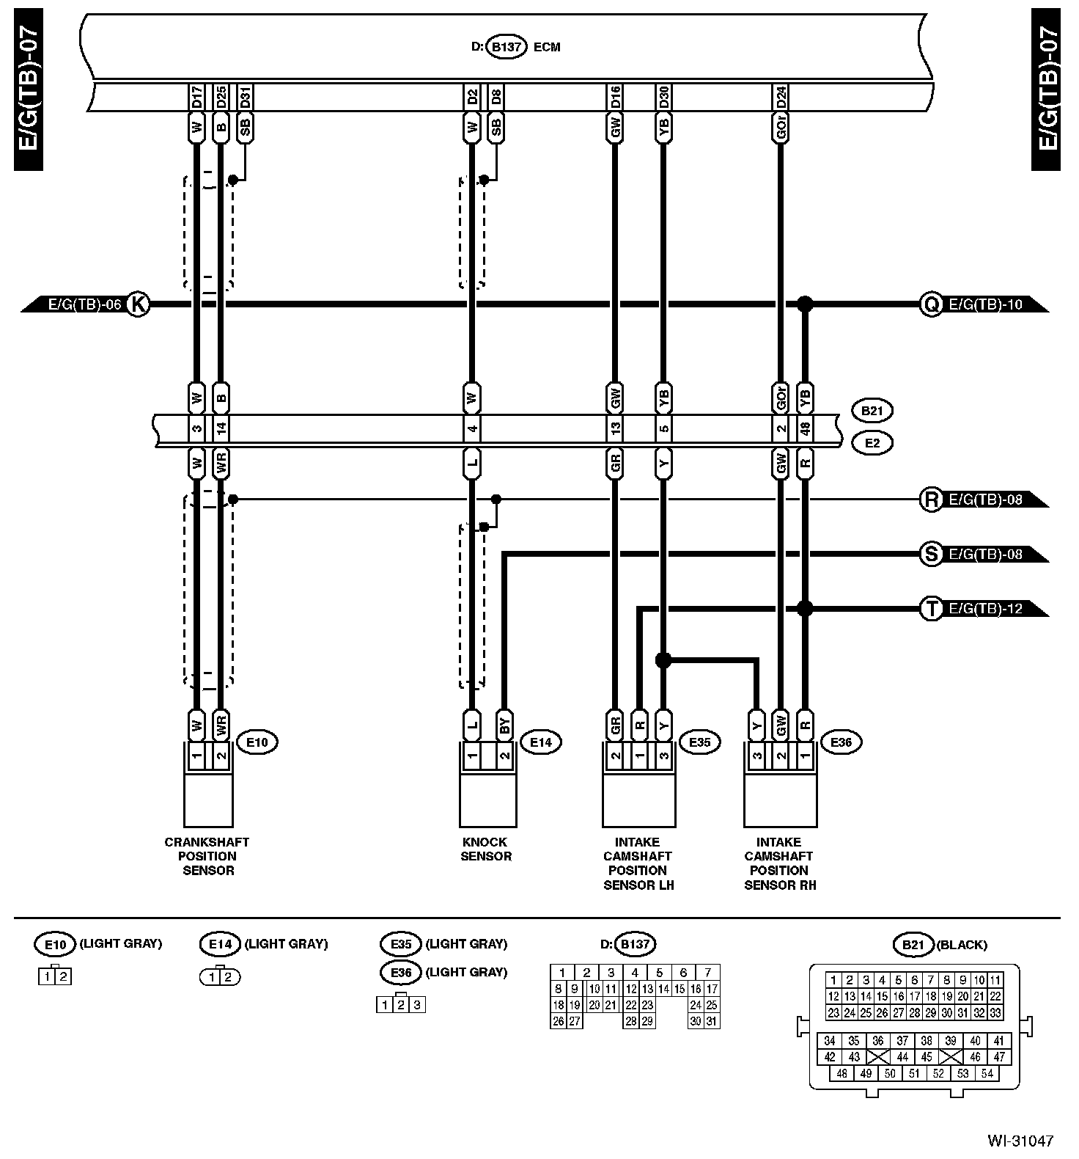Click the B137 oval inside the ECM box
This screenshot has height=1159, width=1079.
point(507,47)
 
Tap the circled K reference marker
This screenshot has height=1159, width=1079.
point(138,304)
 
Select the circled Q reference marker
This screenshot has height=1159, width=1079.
point(931,304)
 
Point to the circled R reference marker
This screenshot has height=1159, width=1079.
point(931,500)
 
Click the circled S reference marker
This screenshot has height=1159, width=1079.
point(931,554)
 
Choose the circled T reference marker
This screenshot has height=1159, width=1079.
point(931,608)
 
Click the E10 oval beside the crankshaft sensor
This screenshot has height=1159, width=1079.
point(257,742)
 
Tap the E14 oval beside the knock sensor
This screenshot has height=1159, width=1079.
point(540,742)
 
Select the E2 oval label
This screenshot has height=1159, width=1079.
point(872,443)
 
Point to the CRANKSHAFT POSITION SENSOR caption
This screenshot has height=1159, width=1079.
point(207,856)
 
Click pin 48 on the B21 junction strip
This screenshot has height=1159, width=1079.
point(805,429)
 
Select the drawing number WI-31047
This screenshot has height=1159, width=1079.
point(1020,1141)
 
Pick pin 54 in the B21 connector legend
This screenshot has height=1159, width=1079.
point(987,1074)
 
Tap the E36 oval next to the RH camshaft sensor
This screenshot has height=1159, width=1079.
point(841,742)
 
